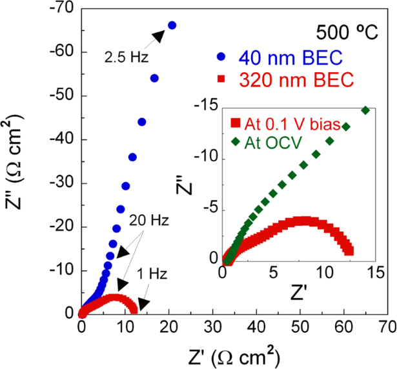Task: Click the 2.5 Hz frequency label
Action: [x=127, y=57]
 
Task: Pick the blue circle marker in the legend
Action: [x=223, y=56]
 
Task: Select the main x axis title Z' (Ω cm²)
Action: [x=232, y=354]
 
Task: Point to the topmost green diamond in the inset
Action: [x=365, y=110]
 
